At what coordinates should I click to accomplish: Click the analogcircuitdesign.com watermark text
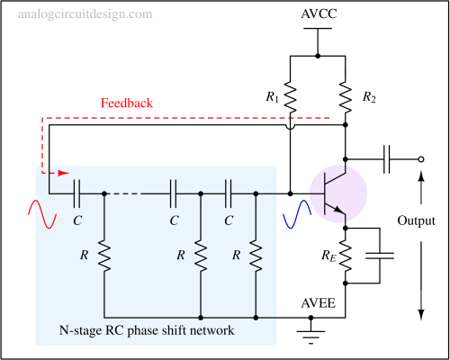pyautogui.click(x=85, y=14)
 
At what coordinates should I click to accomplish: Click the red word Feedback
pyautogui.click(x=127, y=103)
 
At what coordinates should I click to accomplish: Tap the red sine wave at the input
pyautogui.click(x=42, y=211)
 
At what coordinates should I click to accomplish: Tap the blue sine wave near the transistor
pyautogui.click(x=297, y=214)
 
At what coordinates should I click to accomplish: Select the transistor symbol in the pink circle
pyautogui.click(x=337, y=194)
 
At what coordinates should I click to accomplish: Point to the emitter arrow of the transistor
pyautogui.click(x=339, y=212)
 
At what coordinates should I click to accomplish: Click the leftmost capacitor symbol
pyautogui.click(x=76, y=193)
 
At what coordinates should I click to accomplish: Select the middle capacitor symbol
pyautogui.click(x=173, y=193)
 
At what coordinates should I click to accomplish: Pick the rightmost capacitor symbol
pyautogui.click(x=229, y=193)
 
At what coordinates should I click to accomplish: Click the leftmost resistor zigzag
pyautogui.click(x=104, y=256)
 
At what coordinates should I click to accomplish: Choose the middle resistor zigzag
pyautogui.click(x=201, y=256)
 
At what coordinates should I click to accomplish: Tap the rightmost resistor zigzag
pyautogui.click(x=256, y=256)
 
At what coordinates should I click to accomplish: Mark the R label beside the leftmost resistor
pyautogui.click(x=84, y=256)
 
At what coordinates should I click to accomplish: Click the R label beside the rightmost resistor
pyautogui.click(x=237, y=256)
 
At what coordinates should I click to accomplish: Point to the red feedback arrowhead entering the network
pyautogui.click(x=63, y=173)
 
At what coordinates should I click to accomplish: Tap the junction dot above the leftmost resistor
pyautogui.click(x=104, y=193)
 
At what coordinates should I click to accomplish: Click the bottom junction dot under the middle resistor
pyautogui.click(x=201, y=317)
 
